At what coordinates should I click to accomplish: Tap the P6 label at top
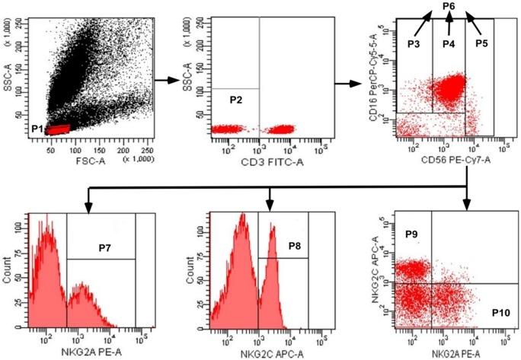tap(449, 7)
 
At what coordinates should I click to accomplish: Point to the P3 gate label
tap(414, 43)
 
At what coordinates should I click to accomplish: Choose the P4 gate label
tap(449, 43)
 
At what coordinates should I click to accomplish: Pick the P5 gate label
tap(481, 43)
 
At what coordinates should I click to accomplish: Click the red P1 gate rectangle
tap(58, 129)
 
